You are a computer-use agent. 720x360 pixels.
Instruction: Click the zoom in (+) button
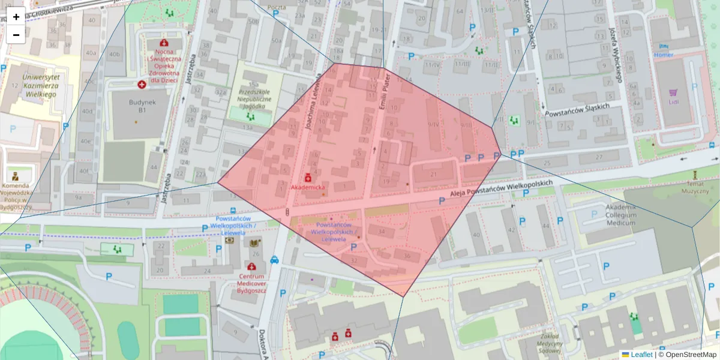[16, 16]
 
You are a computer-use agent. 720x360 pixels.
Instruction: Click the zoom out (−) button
[16, 35]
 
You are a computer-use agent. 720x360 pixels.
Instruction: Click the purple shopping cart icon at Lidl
[673, 92]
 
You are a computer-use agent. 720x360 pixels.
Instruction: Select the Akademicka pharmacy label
[307, 188]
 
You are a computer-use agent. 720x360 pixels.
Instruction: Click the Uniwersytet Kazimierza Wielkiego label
[40, 86]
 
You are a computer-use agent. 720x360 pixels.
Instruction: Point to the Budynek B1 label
[137, 106]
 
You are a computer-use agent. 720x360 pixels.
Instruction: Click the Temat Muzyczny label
[695, 187]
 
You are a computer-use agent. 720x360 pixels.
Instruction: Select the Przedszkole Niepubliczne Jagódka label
[255, 99]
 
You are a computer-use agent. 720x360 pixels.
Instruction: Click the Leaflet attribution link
[640, 355]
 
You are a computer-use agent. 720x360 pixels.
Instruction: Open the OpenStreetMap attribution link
[686, 355]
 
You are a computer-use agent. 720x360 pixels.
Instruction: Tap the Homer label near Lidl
[664, 55]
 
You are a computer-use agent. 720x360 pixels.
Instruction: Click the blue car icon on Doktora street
[274, 260]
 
